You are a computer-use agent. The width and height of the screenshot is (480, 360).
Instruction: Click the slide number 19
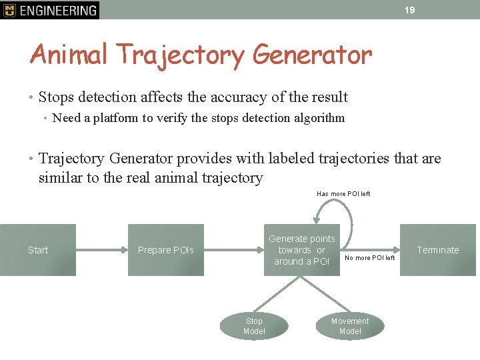[410, 10]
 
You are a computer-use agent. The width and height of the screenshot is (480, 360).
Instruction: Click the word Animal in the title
[69, 55]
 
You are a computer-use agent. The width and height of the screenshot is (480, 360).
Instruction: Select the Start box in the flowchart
[37, 250]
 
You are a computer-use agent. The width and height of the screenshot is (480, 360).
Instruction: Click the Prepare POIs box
[166, 250]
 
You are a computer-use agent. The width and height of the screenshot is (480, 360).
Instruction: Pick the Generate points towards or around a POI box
[301, 250]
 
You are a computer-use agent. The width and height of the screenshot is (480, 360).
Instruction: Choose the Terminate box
[438, 250]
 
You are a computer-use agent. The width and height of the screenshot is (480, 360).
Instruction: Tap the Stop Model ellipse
[254, 326]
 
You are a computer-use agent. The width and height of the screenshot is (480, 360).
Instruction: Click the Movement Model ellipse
[350, 326]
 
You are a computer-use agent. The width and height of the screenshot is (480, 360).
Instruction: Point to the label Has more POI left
[343, 194]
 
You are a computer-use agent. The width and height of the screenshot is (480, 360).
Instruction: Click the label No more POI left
[369, 258]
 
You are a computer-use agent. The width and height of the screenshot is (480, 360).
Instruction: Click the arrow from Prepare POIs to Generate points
[233, 250]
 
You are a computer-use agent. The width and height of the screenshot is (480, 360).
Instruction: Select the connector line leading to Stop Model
[279, 294]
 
